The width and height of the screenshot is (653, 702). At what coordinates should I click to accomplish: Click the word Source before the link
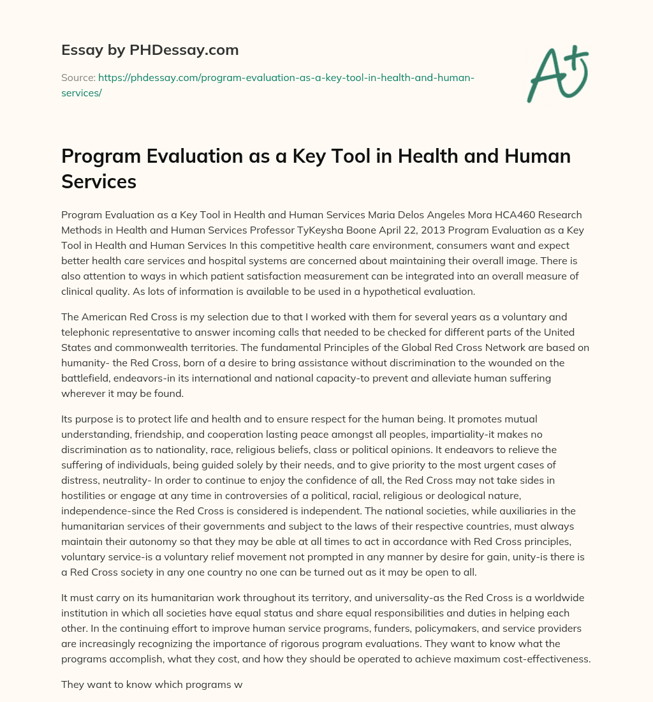point(78,77)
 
